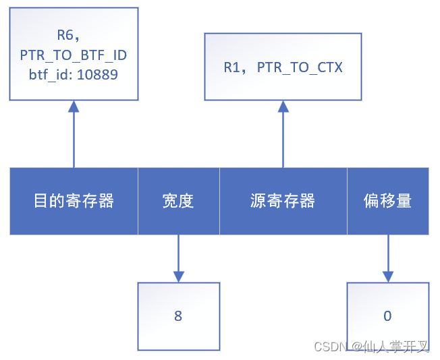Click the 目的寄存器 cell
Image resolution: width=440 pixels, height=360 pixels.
point(74,201)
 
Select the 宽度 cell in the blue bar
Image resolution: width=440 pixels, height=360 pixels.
point(178,201)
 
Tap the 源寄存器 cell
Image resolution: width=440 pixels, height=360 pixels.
point(283,201)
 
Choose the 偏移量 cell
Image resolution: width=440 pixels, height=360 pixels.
point(387,201)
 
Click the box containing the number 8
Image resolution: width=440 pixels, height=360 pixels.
point(178,316)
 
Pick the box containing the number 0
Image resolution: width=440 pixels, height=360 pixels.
point(387,316)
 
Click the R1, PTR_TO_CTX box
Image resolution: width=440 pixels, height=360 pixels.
point(283,67)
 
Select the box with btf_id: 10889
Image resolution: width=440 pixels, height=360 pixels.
point(74,54)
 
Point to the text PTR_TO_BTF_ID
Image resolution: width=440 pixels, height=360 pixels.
point(74,55)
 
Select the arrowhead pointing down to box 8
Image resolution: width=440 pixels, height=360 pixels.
point(178,276)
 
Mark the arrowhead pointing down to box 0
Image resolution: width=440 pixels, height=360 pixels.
point(387,276)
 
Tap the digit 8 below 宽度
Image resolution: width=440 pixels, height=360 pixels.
point(178,316)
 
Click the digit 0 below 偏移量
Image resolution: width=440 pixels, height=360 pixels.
point(387,316)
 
